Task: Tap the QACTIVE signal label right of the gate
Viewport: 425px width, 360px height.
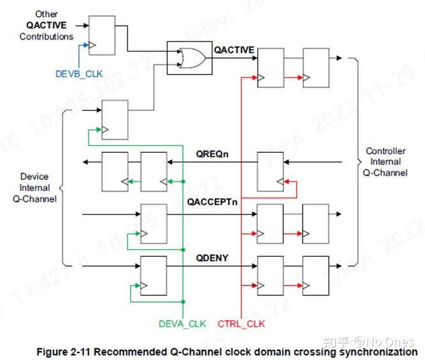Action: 234,50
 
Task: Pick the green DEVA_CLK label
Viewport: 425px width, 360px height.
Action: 182,323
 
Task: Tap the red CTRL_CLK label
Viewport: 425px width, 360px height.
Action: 241,323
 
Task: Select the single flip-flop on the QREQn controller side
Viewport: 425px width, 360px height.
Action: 270,171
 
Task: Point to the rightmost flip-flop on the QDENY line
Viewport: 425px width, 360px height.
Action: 316,273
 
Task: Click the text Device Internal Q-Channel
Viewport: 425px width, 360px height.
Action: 34,187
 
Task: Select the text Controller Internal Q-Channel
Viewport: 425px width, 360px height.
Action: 386,161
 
